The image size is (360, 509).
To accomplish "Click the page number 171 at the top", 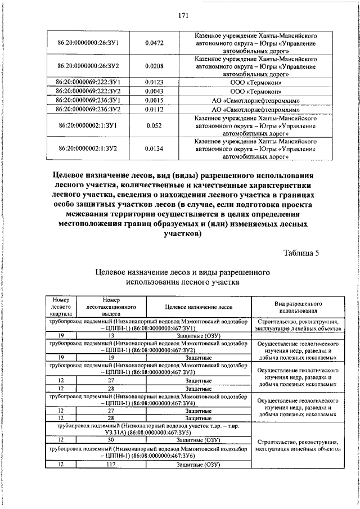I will pyautogui.click(x=182, y=16).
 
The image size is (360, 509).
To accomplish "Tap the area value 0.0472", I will pyautogui.click(x=154, y=42).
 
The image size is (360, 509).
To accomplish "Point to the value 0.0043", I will pyautogui.click(x=154, y=91).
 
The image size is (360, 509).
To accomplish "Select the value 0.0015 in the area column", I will pyautogui.click(x=154, y=100).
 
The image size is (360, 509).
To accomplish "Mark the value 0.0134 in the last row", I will pyautogui.click(x=154, y=148).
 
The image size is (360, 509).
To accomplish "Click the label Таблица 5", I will pyautogui.click(x=301, y=253).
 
